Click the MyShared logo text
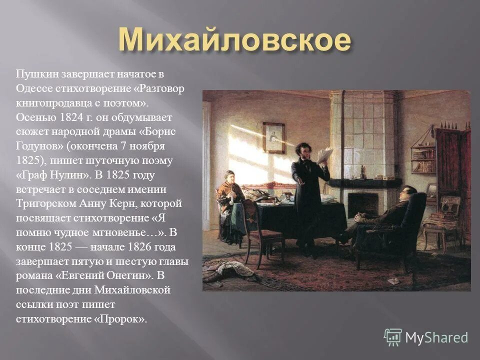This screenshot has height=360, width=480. click(x=436, y=337)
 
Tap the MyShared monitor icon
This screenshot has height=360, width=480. click(x=393, y=337)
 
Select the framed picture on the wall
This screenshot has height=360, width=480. click(x=273, y=137)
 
